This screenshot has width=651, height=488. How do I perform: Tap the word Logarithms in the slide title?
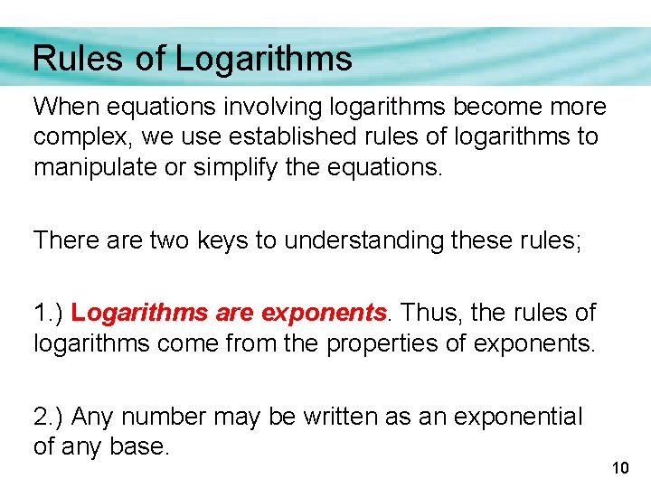(263, 59)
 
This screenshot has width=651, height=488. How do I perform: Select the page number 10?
(620, 467)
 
